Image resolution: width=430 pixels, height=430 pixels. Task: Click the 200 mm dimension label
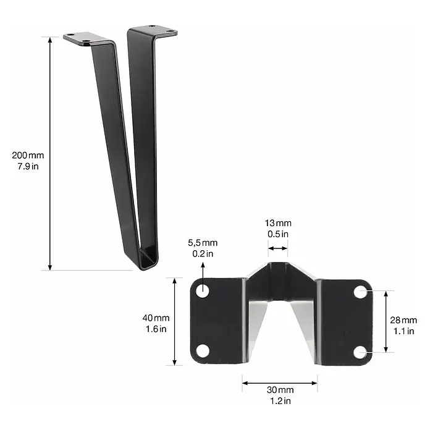[28, 156]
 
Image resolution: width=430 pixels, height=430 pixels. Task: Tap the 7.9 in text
[28, 166]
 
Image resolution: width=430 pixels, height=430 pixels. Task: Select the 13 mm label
[278, 223]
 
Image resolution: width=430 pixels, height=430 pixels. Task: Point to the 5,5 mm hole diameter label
[203, 243]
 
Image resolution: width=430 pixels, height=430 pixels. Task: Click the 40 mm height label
[156, 318]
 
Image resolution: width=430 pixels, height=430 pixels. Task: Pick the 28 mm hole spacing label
[403, 320]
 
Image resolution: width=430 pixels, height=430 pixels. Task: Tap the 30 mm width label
[280, 390]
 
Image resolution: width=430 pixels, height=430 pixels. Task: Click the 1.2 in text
[280, 401]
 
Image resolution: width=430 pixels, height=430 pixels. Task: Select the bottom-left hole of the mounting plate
[203, 352]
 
